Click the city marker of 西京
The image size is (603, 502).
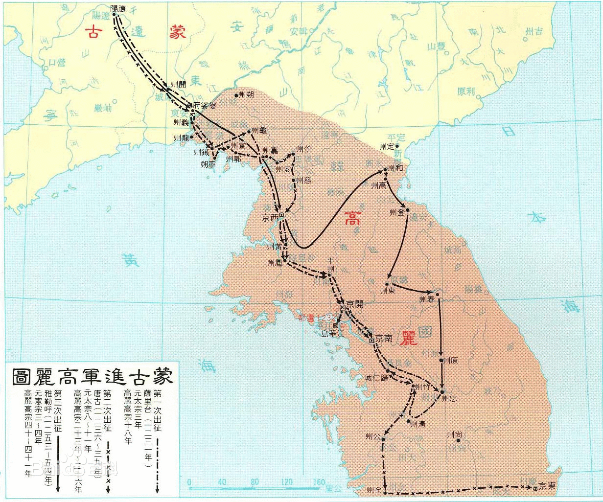[x=281, y=214]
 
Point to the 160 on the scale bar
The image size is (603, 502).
[x=319, y=482]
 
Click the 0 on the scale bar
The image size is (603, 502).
[x=189, y=482]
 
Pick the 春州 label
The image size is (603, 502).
[x=427, y=298]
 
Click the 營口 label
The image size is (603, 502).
[x=58, y=62]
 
